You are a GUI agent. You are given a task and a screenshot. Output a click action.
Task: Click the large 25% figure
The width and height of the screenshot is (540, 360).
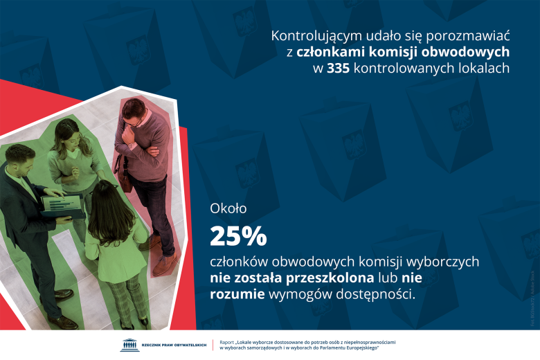pyautogui.click(x=238, y=237)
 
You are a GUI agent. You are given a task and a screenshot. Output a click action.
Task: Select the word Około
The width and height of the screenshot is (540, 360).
pyautogui.click(x=228, y=208)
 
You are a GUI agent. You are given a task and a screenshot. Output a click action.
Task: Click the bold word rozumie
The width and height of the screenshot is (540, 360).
pyautogui.click(x=236, y=295)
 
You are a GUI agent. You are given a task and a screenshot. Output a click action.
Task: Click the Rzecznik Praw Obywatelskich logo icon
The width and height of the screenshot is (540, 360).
pyautogui.click(x=129, y=345)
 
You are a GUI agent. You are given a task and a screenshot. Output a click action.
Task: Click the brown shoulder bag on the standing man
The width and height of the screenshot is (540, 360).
pyautogui.click(x=124, y=172)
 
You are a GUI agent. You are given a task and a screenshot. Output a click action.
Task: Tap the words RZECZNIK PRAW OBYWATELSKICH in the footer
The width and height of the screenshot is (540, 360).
pyautogui.click(x=173, y=345)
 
